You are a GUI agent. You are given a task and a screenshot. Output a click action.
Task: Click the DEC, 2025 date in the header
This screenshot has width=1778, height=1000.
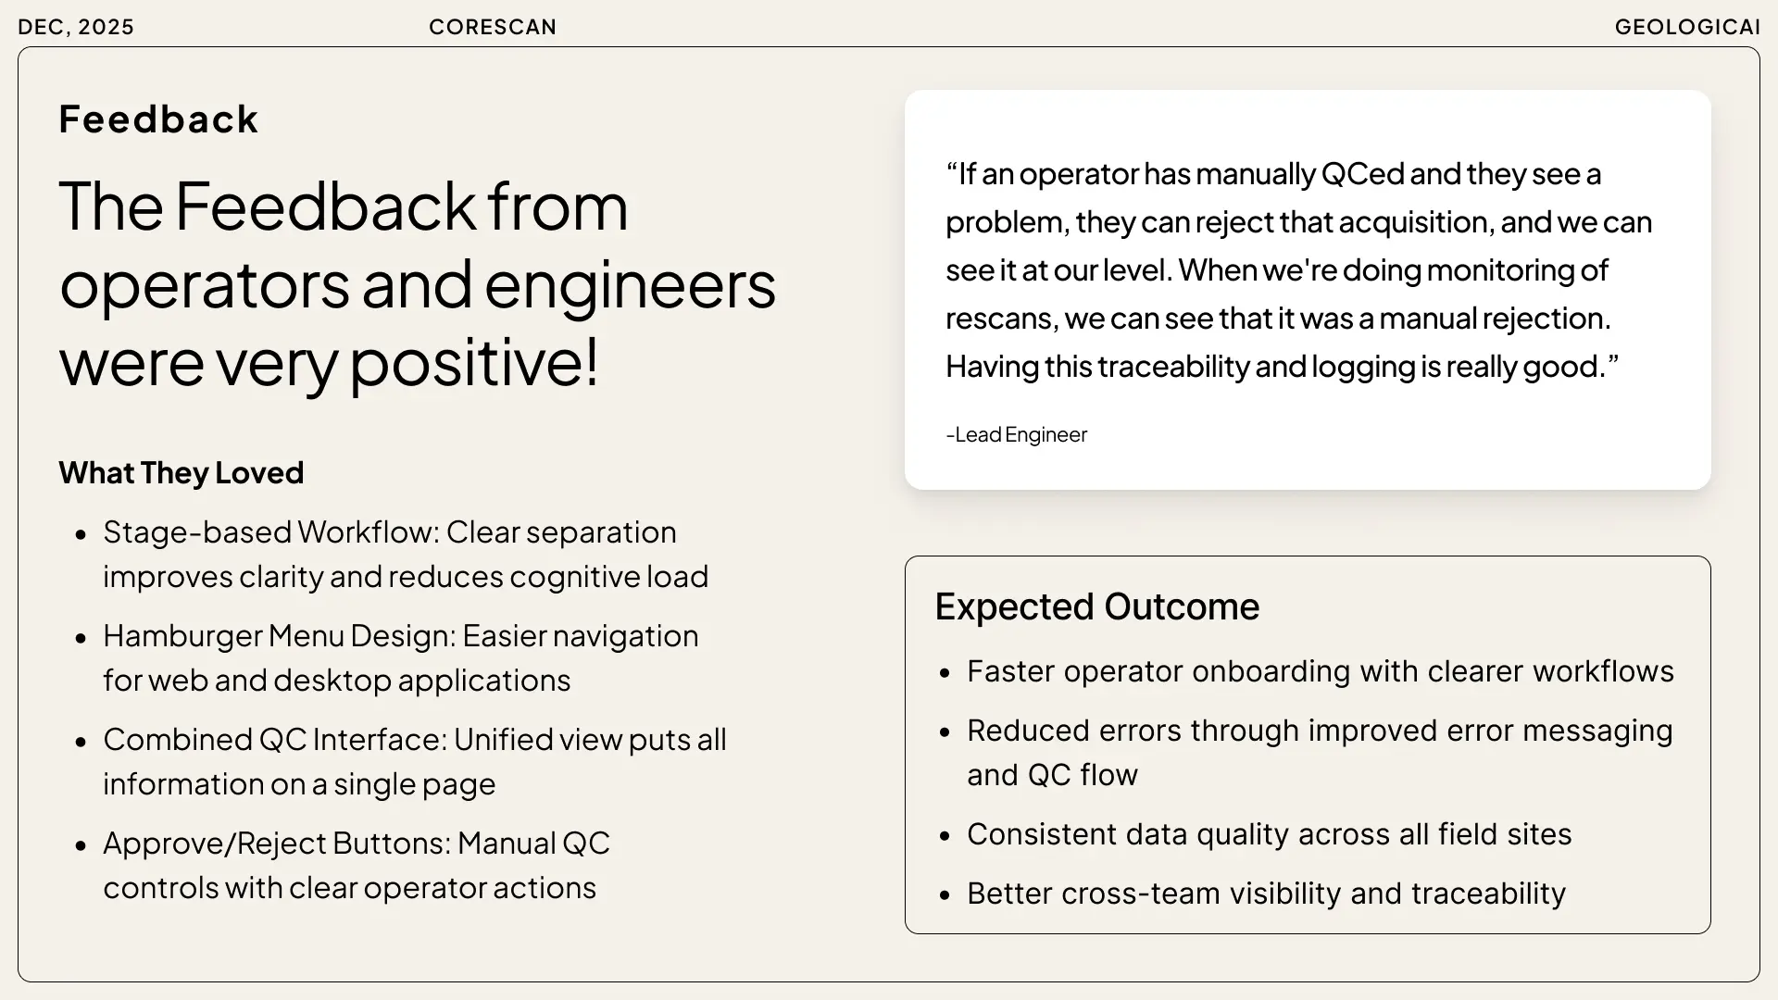76,28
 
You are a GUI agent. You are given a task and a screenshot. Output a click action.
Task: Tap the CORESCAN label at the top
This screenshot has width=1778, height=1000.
493,27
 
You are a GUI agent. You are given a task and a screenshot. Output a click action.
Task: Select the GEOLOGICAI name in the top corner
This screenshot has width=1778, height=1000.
1687,27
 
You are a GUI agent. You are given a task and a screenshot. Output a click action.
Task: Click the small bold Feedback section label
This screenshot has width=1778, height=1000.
158,119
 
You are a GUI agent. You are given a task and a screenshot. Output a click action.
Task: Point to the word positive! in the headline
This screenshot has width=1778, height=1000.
475,362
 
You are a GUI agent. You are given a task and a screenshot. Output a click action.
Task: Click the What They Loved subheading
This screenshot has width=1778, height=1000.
182,473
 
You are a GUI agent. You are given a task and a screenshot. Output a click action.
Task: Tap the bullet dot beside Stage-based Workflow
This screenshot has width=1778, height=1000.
81,534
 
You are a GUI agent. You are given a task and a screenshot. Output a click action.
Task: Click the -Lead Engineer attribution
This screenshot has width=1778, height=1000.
1016,434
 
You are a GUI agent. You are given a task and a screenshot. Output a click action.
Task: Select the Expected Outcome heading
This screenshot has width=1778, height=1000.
1097,607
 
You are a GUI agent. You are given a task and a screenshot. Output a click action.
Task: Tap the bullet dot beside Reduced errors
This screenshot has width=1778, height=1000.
945,732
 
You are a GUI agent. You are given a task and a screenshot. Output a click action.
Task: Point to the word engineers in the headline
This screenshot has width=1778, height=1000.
630,285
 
